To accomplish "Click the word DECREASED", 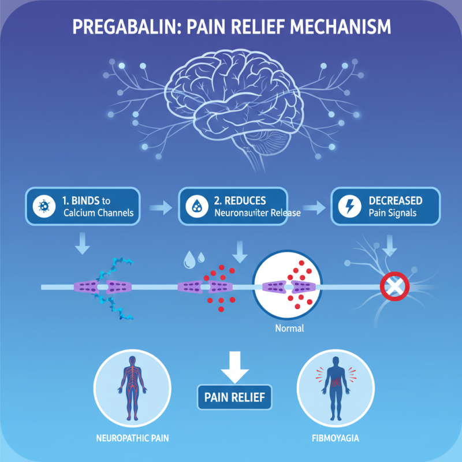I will [395, 200].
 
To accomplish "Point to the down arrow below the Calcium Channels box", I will [84, 245].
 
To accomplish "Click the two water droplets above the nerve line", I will [193, 260].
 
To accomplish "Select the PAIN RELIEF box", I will [234, 397].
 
